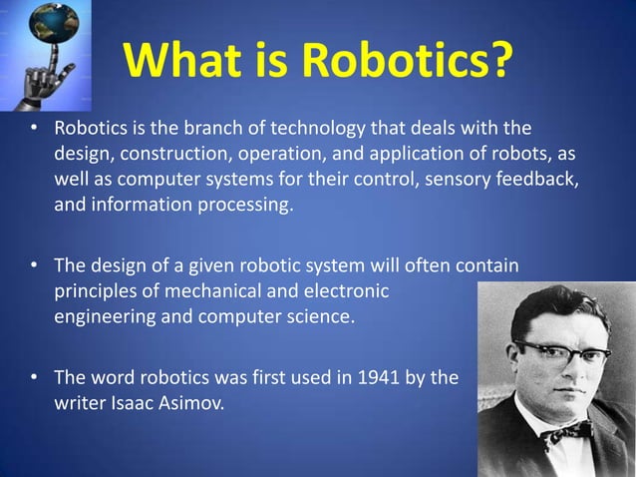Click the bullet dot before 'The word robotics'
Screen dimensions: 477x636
tap(34, 377)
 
